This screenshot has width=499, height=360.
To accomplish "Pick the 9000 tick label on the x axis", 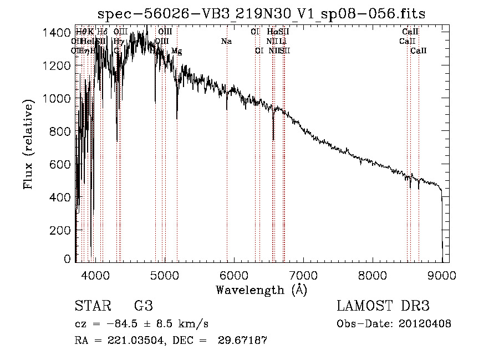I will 442,275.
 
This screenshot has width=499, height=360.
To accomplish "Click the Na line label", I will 226,41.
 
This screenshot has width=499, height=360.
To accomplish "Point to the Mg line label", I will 176,51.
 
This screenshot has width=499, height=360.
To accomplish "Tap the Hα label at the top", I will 272,32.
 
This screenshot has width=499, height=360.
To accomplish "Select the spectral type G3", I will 143,306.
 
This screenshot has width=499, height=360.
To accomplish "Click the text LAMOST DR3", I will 383,306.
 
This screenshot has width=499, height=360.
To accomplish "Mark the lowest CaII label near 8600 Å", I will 419,50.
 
